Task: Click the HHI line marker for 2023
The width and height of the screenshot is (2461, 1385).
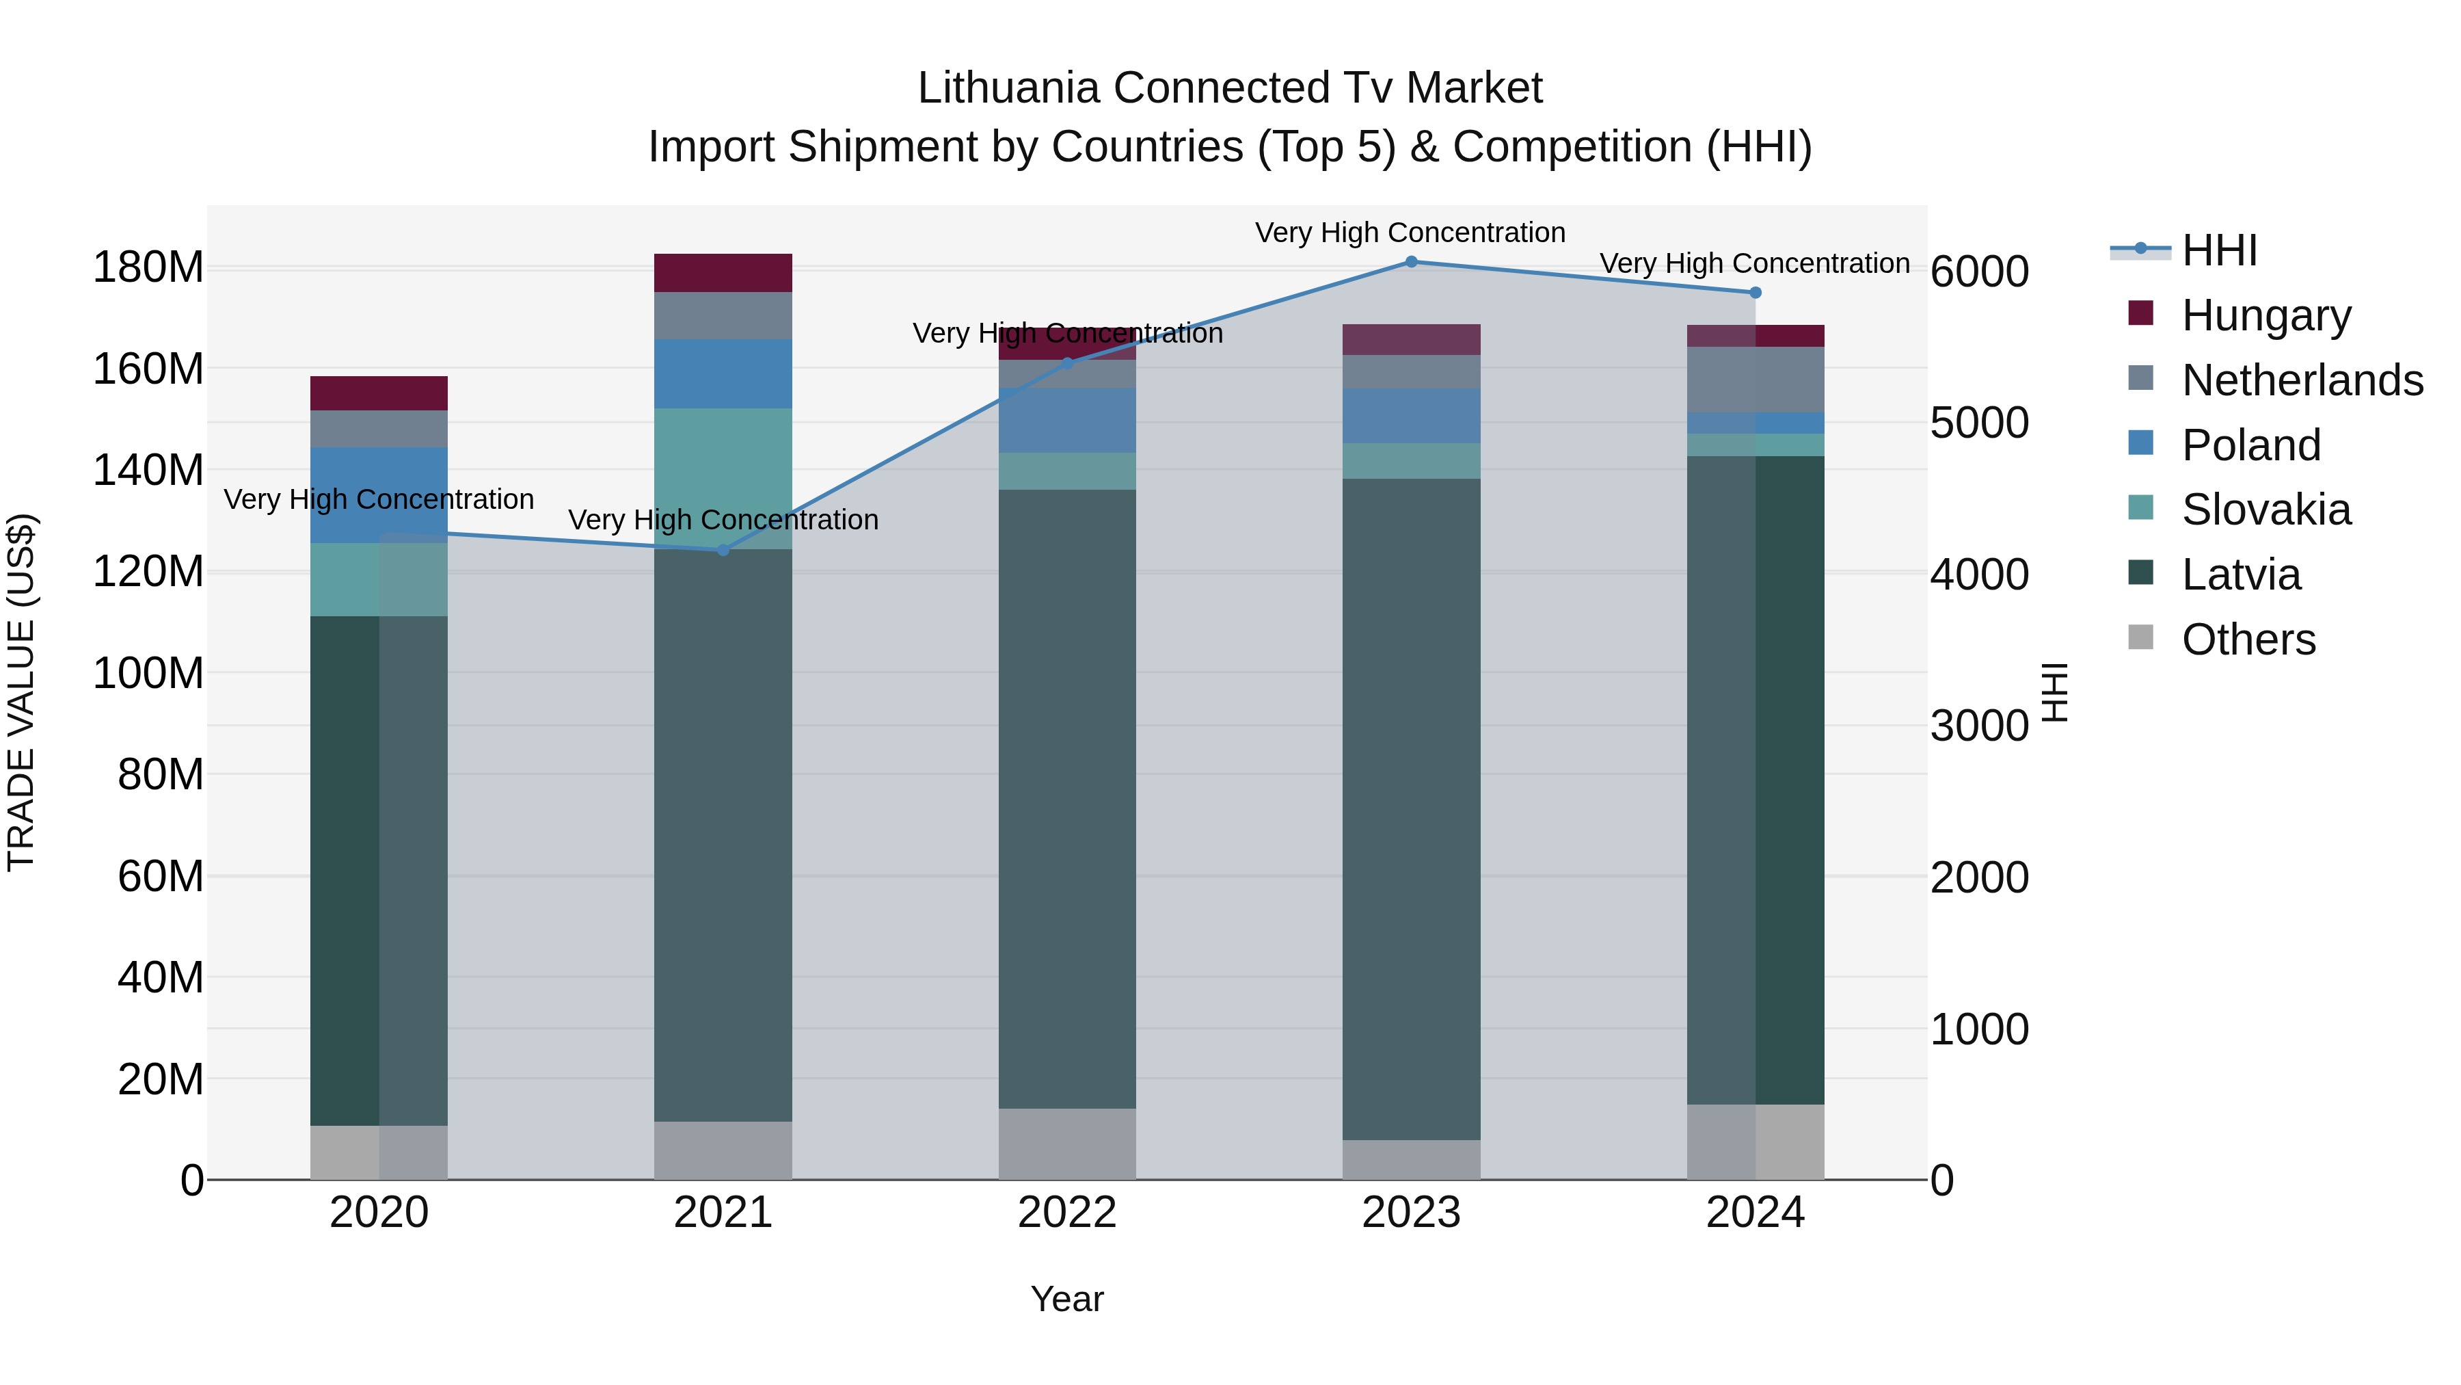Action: pyautogui.click(x=1411, y=262)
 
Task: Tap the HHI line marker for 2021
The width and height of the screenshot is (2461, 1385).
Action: pyautogui.click(x=723, y=550)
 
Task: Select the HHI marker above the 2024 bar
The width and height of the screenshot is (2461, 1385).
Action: pyautogui.click(x=1755, y=293)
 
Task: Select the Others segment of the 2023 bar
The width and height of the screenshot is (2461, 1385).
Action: pyautogui.click(x=1411, y=1159)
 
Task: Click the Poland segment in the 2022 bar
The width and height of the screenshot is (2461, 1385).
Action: pyautogui.click(x=1067, y=421)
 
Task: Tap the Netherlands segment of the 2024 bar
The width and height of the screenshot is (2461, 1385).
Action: pyautogui.click(x=1755, y=380)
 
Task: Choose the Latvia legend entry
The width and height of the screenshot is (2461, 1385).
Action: pyautogui.click(x=2240, y=575)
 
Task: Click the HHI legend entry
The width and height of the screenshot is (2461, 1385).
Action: pyautogui.click(x=2218, y=250)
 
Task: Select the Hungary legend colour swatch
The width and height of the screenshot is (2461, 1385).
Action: pyautogui.click(x=2141, y=313)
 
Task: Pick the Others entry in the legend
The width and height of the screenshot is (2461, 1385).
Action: pyautogui.click(x=2248, y=639)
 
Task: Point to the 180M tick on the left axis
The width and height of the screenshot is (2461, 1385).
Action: pyautogui.click(x=148, y=267)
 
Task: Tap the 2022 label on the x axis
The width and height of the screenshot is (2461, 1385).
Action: pyautogui.click(x=1067, y=1213)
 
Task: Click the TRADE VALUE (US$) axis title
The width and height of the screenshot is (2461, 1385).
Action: pyautogui.click(x=21, y=692)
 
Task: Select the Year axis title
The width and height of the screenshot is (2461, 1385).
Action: pyautogui.click(x=1067, y=1299)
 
